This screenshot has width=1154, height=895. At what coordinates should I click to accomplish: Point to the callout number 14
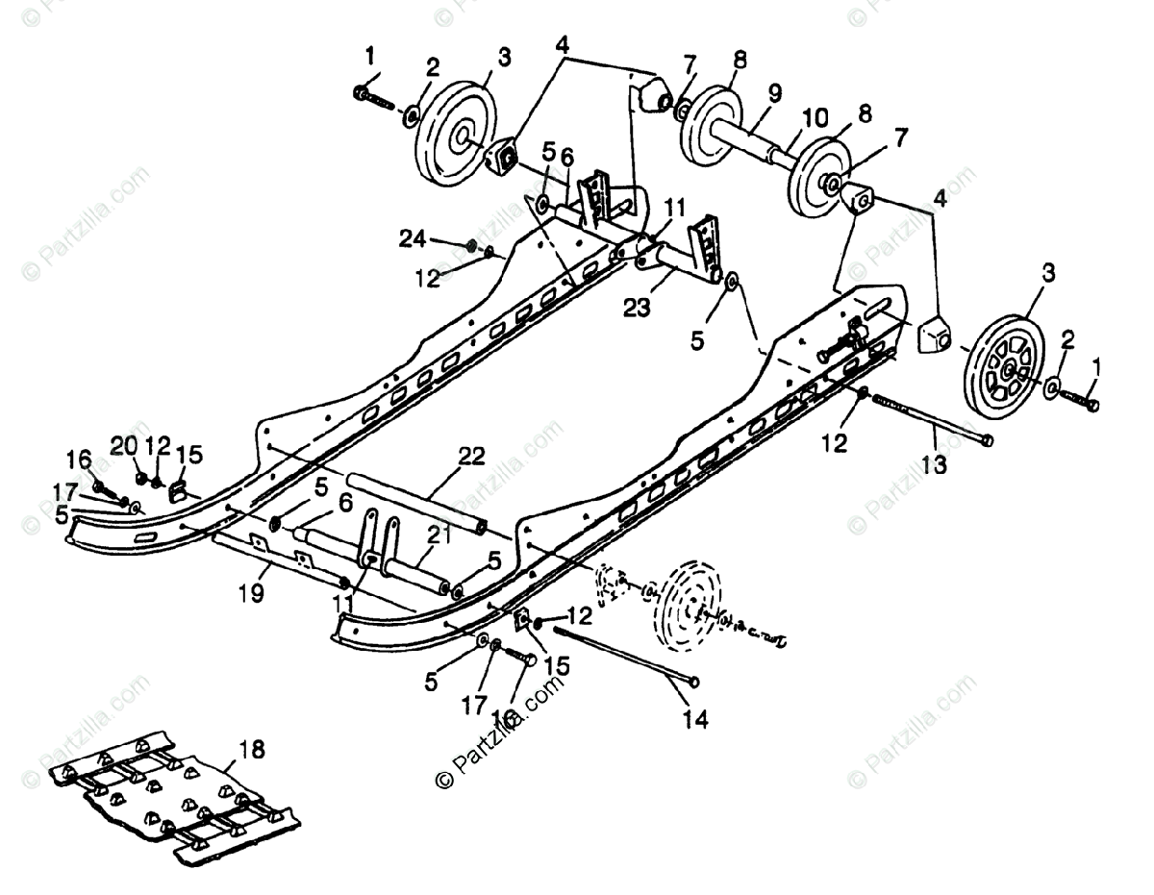point(695,718)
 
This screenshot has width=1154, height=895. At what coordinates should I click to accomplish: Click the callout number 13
point(935,465)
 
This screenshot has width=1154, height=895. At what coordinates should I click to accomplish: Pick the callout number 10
point(815,117)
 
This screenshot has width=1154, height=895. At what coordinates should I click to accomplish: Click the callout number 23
point(637,309)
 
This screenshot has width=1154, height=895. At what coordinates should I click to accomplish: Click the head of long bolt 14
point(693,682)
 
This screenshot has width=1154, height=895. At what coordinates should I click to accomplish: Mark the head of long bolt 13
point(989,440)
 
